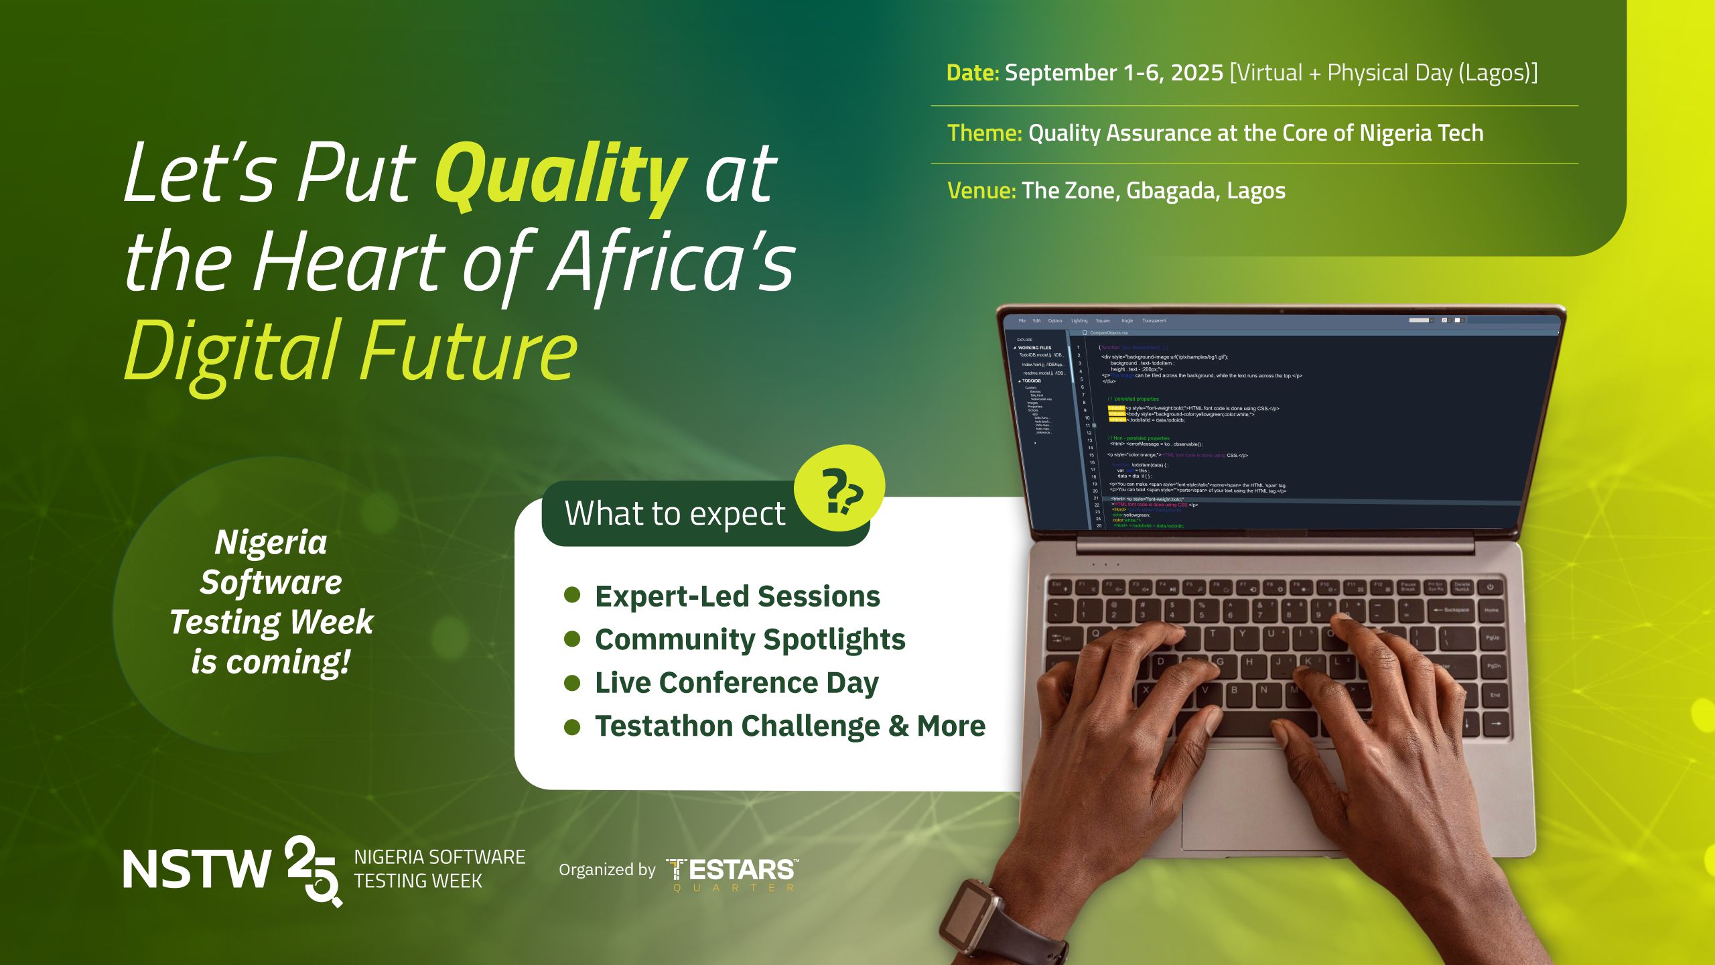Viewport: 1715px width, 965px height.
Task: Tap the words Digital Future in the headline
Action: (x=350, y=352)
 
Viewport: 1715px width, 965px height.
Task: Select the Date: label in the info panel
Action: (x=972, y=73)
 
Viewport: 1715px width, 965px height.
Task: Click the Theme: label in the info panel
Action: (x=984, y=133)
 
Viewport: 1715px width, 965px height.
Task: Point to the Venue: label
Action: (x=981, y=191)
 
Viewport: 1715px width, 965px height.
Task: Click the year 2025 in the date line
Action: (x=1197, y=73)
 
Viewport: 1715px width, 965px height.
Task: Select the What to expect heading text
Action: (x=675, y=514)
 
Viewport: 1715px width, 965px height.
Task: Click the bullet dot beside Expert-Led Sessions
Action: (x=572, y=595)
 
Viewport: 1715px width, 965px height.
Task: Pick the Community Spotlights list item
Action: (x=750, y=639)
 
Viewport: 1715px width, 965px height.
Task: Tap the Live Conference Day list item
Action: (x=736, y=683)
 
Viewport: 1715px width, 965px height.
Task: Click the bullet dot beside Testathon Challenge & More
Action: (x=572, y=726)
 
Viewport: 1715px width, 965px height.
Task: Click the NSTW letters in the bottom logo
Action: (x=196, y=870)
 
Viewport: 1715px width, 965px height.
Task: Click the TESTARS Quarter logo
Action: (x=732, y=873)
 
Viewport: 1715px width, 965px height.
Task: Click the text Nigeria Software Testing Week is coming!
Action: (x=271, y=602)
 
